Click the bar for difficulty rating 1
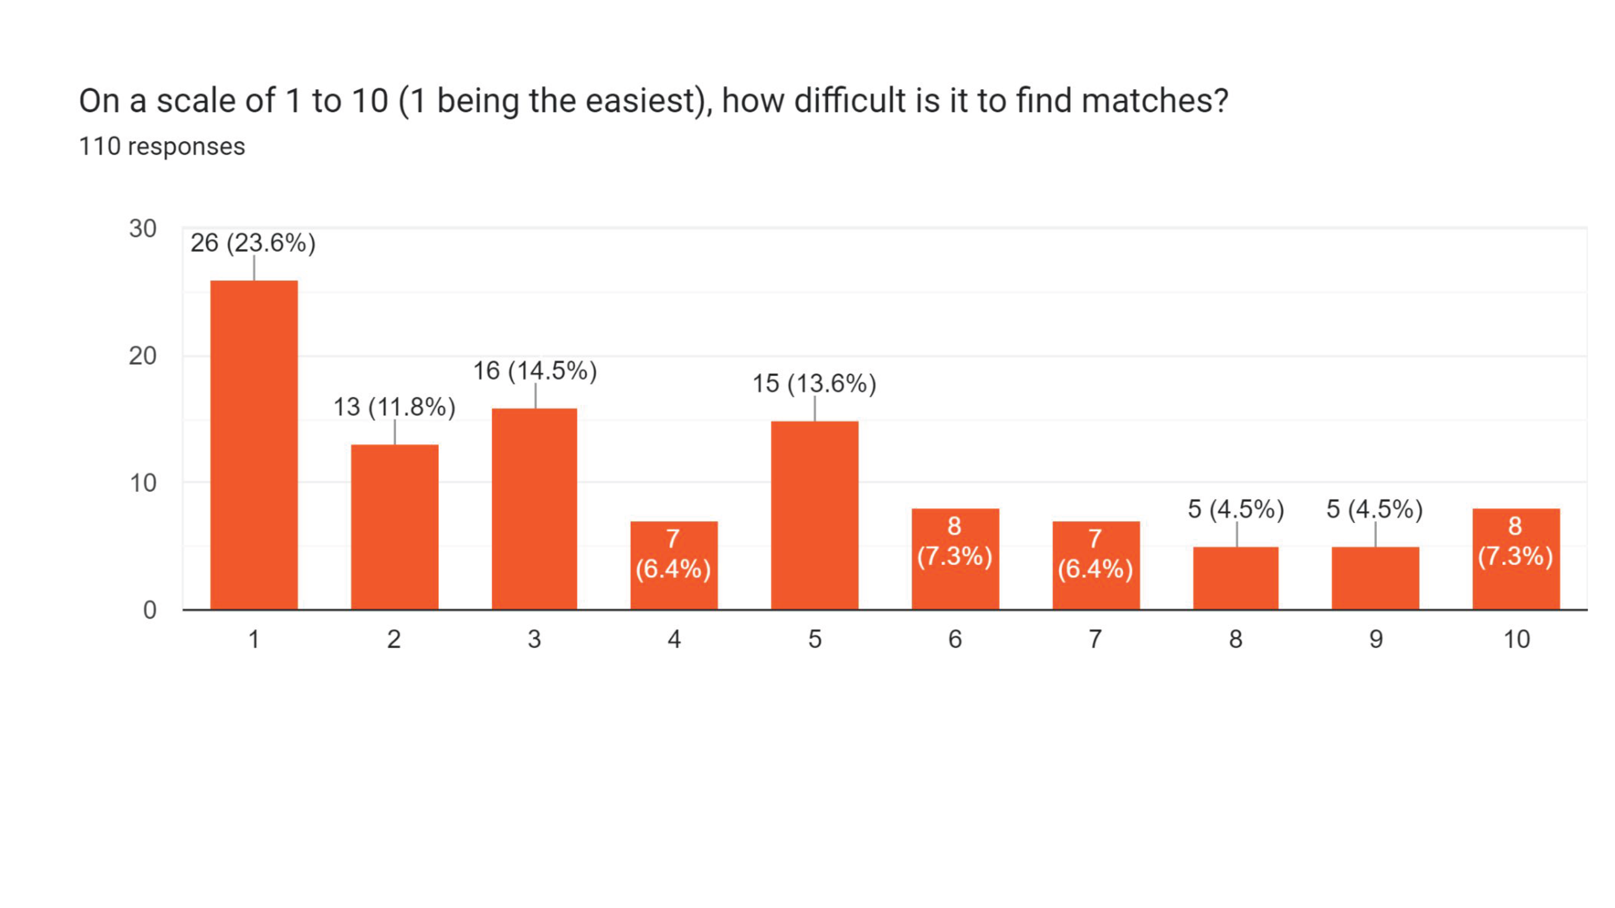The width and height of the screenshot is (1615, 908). click(x=254, y=444)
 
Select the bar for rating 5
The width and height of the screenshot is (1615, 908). click(x=815, y=515)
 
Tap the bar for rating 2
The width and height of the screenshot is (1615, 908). click(x=394, y=527)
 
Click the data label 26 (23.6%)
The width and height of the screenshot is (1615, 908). click(x=253, y=243)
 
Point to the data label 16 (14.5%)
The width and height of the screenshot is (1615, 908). click(x=535, y=370)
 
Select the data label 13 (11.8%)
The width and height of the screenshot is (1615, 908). click(x=394, y=407)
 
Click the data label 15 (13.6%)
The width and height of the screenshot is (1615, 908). click(x=815, y=383)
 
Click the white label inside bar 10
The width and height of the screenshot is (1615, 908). click(x=1515, y=541)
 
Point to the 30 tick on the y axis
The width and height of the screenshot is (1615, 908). click(x=143, y=229)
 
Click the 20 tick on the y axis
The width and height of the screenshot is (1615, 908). click(x=143, y=356)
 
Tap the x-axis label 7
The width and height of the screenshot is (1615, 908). click(x=1095, y=639)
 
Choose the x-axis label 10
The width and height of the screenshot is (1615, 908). click(x=1516, y=639)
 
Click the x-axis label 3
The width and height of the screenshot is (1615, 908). click(x=534, y=639)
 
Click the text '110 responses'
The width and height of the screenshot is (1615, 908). click(x=162, y=146)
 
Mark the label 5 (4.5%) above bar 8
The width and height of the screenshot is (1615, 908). click(x=1235, y=508)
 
